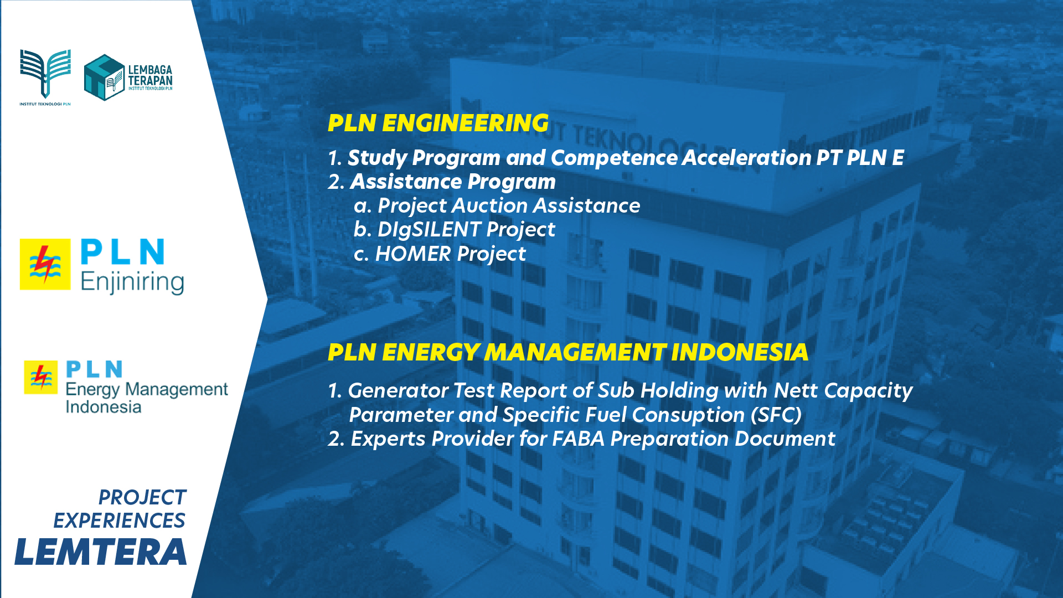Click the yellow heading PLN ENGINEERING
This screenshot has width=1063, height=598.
click(438, 123)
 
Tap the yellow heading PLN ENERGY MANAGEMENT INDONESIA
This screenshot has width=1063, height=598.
click(567, 352)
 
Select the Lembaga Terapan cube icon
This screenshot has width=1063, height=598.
click(104, 77)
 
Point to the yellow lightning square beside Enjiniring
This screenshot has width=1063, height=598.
click(45, 264)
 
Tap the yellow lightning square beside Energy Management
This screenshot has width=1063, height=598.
click(40, 377)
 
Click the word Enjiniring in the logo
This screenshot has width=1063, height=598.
click(132, 282)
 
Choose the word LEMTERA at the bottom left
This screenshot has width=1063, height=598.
click(101, 552)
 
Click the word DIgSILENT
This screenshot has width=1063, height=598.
click(429, 229)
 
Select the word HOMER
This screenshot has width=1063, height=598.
click(413, 254)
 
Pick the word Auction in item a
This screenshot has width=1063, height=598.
click(490, 205)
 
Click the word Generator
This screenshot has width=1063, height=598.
click(398, 390)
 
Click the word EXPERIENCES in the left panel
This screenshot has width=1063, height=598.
click(119, 520)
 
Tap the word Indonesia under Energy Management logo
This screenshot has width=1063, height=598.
click(104, 407)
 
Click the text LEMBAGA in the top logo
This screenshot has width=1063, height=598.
click(150, 70)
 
